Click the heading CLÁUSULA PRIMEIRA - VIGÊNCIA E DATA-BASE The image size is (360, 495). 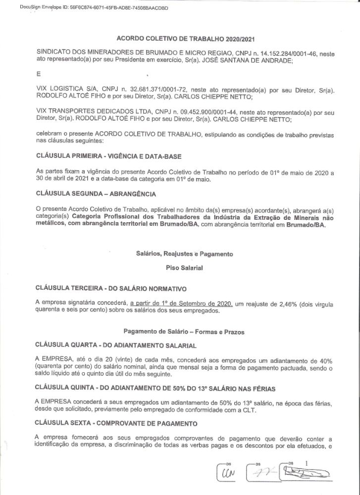[x=109, y=156]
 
